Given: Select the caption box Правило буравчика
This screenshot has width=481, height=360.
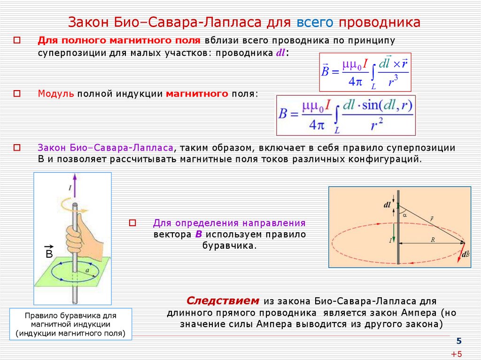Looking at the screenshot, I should pyautogui.click(x=70, y=324).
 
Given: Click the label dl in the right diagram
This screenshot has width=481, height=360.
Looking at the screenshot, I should pyautogui.click(x=387, y=205).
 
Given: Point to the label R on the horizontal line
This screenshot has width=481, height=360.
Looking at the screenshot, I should pyautogui.click(x=433, y=239).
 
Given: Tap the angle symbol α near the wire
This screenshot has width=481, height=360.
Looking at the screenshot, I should pyautogui.click(x=404, y=214).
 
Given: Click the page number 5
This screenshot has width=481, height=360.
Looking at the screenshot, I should pyautogui.click(x=459, y=341).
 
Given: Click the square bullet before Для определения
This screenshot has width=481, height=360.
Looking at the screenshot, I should pyautogui.click(x=132, y=223).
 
